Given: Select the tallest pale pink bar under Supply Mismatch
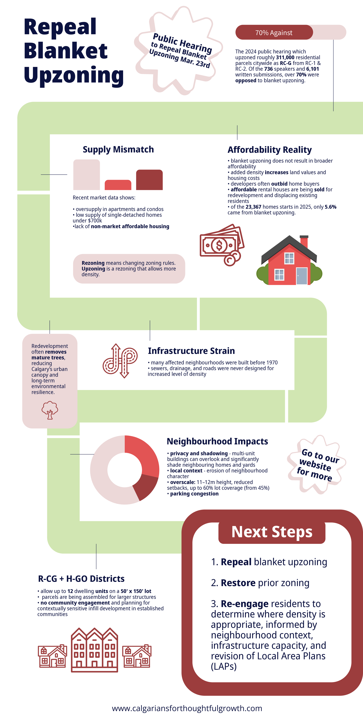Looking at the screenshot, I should [86, 175].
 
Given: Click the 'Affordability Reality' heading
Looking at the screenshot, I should [269, 150].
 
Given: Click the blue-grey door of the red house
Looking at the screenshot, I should [302, 276].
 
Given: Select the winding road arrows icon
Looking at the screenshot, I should [120, 361].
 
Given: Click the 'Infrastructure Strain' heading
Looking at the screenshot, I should [191, 351].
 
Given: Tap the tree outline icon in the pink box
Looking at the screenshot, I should [50, 410].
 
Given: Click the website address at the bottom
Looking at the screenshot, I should [187, 708].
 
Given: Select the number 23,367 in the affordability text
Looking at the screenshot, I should [253, 207].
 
